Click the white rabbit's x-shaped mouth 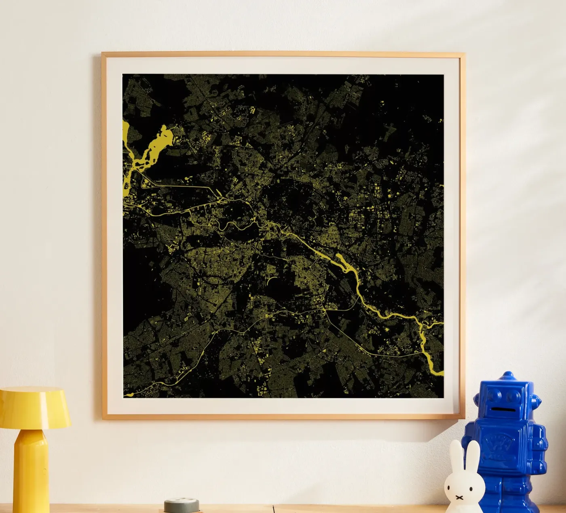point(459,497)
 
